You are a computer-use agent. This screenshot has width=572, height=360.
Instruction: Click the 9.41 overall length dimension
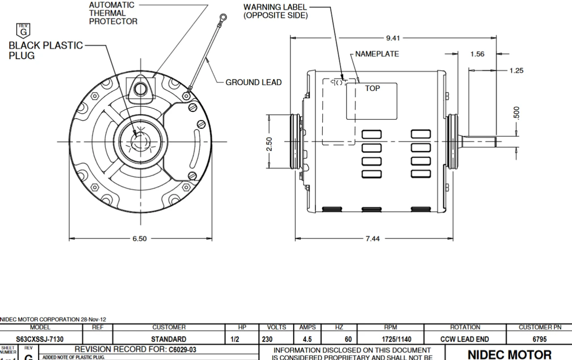394,38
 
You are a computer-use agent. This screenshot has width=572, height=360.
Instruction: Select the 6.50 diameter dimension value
139,238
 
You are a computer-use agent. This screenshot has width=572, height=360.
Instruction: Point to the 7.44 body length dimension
373,238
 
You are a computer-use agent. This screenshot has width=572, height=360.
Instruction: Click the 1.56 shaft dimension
477,54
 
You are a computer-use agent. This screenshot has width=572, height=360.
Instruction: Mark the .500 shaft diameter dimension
517,113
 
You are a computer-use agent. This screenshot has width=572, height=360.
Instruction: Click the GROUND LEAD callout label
253,82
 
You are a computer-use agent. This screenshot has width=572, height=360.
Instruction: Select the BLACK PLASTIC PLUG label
46,51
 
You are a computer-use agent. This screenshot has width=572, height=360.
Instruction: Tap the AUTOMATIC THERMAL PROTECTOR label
113,13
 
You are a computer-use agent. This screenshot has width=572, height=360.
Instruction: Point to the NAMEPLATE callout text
377,54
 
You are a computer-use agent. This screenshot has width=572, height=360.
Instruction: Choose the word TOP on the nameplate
372,89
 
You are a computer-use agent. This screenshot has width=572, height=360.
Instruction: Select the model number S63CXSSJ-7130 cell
42,339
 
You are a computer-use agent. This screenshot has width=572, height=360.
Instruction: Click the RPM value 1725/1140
390,339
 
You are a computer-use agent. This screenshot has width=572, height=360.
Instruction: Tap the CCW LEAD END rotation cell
465,339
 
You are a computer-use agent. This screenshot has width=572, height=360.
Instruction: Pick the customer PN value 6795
538,339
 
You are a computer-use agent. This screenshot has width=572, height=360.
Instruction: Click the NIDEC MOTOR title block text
509,355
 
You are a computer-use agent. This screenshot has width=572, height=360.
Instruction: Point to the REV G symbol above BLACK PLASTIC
23,30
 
